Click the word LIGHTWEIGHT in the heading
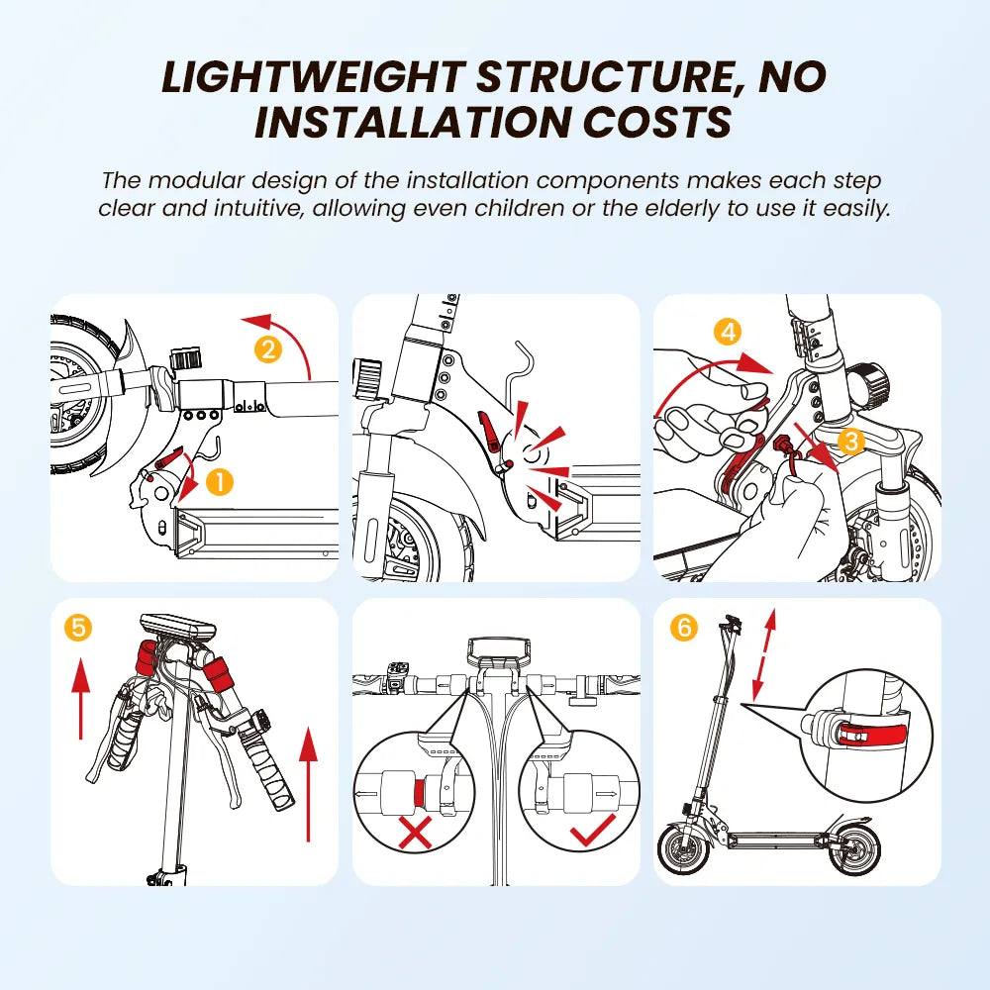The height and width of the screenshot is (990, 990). (x=313, y=77)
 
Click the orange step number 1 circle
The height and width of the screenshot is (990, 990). (x=220, y=483)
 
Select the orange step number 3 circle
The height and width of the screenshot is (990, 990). (x=851, y=441)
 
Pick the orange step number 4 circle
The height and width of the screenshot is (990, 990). (x=729, y=332)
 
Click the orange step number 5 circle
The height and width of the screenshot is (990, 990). (x=78, y=628)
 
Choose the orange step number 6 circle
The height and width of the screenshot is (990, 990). (x=684, y=628)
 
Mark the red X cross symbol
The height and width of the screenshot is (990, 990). (x=416, y=832)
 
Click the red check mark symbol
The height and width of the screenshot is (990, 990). (x=593, y=830)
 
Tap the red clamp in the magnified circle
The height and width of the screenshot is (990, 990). (x=874, y=735)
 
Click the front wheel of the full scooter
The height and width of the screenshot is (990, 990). (x=684, y=849)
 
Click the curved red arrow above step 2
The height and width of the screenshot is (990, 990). (x=287, y=338)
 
